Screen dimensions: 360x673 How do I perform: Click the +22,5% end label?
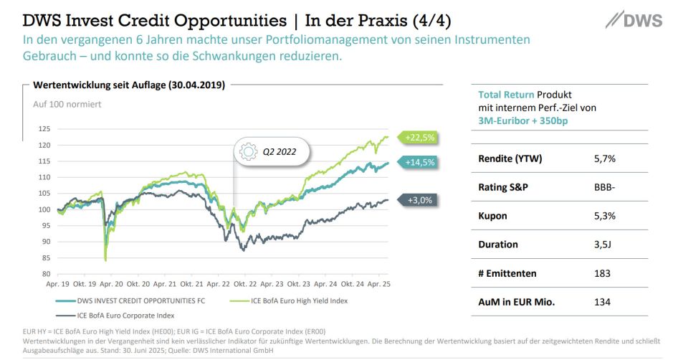(421, 137)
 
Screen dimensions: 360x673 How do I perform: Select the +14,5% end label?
(421, 163)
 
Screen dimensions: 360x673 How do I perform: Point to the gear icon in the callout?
(248, 152)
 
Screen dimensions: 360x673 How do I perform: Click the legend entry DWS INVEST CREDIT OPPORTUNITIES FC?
(141, 300)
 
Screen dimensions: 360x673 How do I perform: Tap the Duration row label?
(497, 245)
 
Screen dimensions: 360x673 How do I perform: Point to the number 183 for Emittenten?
(602, 273)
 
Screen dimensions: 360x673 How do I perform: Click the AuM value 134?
(602, 302)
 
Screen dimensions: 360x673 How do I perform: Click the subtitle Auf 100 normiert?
(67, 104)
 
